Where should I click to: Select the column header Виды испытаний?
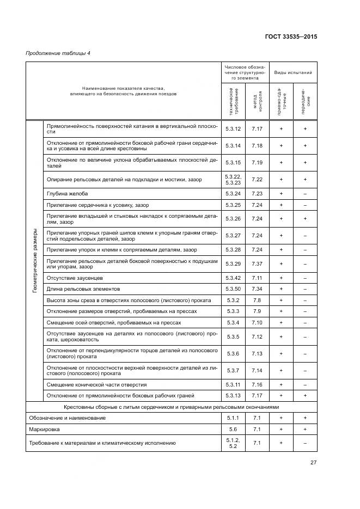tap(293, 72)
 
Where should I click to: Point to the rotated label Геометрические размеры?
tap(34, 261)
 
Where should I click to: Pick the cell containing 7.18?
tap(257, 146)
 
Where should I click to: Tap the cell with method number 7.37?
tap(257, 264)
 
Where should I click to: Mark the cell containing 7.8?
tap(257, 300)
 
